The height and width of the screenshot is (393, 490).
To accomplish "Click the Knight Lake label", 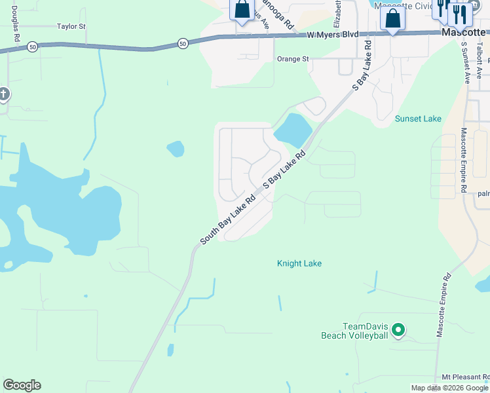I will [299, 263].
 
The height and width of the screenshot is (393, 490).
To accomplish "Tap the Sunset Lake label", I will [418, 119].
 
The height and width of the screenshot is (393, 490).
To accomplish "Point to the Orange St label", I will [293, 59].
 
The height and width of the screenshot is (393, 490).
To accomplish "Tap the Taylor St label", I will [71, 27].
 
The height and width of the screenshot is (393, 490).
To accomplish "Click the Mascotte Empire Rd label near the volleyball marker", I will [443, 305].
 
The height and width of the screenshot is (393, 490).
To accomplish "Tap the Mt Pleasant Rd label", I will [465, 377].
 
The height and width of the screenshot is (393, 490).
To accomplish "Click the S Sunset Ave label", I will [466, 63].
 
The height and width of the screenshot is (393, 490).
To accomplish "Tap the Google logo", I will [22, 385].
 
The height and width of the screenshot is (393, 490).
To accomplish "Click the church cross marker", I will [3, 94].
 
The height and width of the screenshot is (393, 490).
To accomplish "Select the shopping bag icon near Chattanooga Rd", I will [242, 10].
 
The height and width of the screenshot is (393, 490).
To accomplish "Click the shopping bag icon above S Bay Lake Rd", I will [392, 18].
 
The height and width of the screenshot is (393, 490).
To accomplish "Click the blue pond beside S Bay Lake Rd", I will [293, 129].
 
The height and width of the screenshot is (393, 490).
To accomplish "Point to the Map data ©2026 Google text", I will [449, 388].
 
